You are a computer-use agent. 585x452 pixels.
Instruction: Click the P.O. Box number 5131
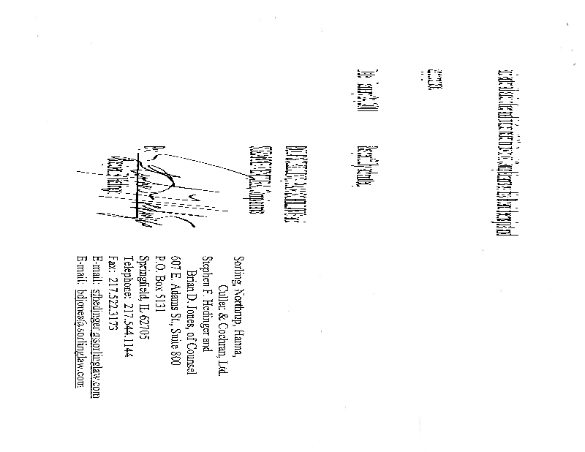[161, 300]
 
